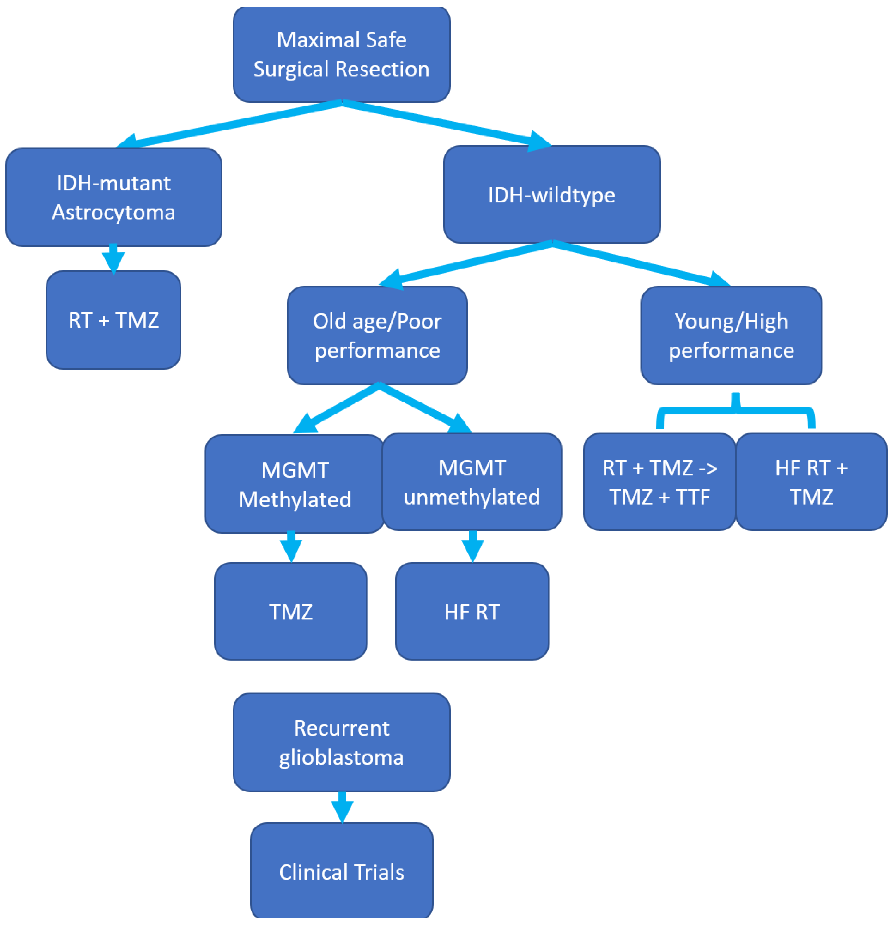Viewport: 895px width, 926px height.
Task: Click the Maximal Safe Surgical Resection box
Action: (341, 54)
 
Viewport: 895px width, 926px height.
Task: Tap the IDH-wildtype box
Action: (552, 195)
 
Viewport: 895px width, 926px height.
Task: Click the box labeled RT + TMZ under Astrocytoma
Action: (113, 320)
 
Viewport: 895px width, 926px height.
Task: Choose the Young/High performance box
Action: (731, 335)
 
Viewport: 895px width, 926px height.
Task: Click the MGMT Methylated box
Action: (295, 484)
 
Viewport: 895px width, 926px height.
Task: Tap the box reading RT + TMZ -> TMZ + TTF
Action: (659, 482)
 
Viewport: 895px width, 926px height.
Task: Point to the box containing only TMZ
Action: (290, 612)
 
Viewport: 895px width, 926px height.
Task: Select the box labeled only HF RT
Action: (472, 612)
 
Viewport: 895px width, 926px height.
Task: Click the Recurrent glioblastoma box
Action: (341, 743)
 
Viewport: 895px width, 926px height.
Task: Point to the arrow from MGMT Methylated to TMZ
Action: (291, 547)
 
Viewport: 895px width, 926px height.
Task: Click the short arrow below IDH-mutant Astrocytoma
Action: (113, 259)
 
